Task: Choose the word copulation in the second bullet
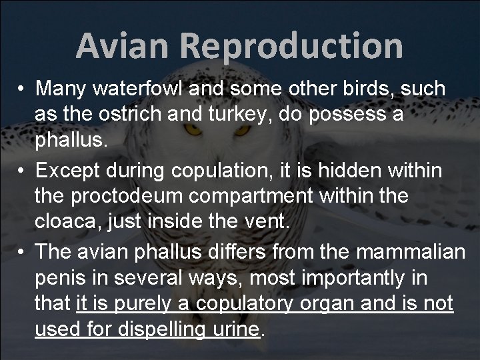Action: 225,171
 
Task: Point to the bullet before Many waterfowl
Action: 22,89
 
